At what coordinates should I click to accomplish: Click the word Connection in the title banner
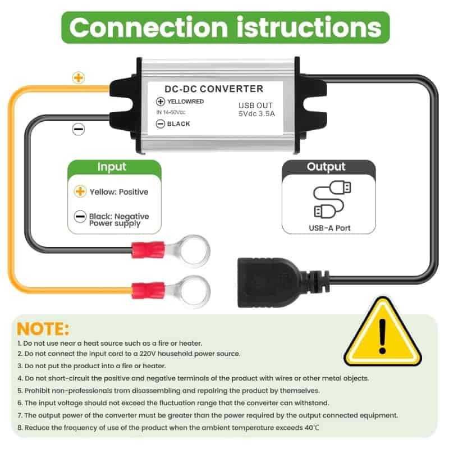pyautogui.click(x=149, y=28)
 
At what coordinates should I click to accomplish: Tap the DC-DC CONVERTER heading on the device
pyautogui.click(x=214, y=89)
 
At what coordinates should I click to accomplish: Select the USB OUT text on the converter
pyautogui.click(x=255, y=106)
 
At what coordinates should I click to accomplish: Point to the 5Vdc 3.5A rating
pyautogui.click(x=256, y=114)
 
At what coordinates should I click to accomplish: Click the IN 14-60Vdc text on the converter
pyautogui.click(x=171, y=112)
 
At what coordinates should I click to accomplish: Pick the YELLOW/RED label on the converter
pyautogui.click(x=186, y=102)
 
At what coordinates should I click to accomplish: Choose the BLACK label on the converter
pyautogui.click(x=178, y=123)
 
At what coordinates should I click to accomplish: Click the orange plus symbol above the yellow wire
pyautogui.click(x=79, y=77)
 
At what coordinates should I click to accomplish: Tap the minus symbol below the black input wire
pyautogui.click(x=79, y=129)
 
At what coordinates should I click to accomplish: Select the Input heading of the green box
pyautogui.click(x=112, y=167)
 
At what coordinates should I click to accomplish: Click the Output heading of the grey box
pyautogui.click(x=326, y=167)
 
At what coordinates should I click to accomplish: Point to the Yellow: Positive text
pyautogui.click(x=119, y=192)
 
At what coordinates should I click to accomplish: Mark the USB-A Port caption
pyautogui.click(x=329, y=228)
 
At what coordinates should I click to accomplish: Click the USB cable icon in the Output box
pyautogui.click(x=332, y=199)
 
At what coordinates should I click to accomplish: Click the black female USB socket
pyautogui.click(x=269, y=283)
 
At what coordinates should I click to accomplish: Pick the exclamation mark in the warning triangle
pyautogui.click(x=383, y=336)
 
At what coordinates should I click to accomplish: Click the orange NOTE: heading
pyautogui.click(x=43, y=329)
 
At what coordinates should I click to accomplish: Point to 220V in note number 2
pyautogui.click(x=148, y=354)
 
